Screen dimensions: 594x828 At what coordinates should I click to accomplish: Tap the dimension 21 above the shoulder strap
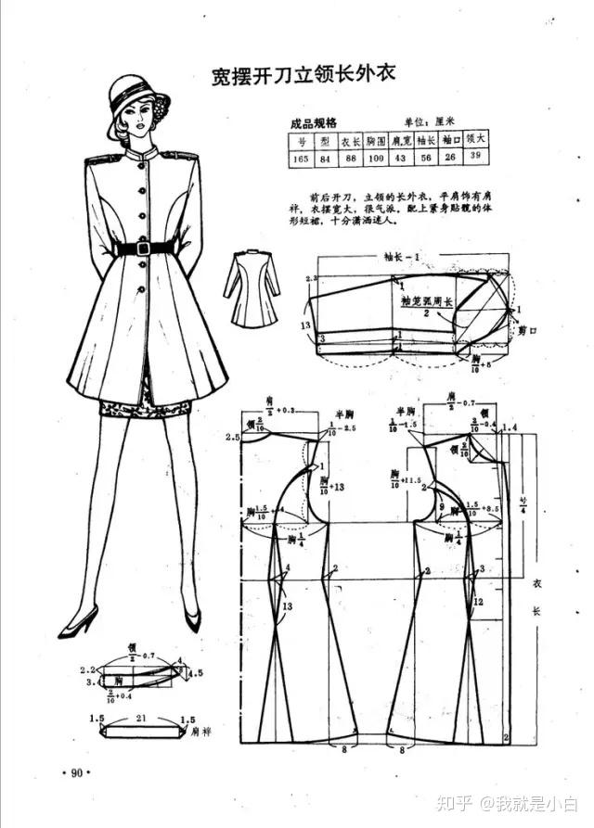click(x=142, y=718)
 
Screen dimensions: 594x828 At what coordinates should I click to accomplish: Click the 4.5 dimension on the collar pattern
click(x=195, y=674)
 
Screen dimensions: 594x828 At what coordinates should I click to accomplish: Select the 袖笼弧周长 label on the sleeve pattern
click(x=424, y=301)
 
